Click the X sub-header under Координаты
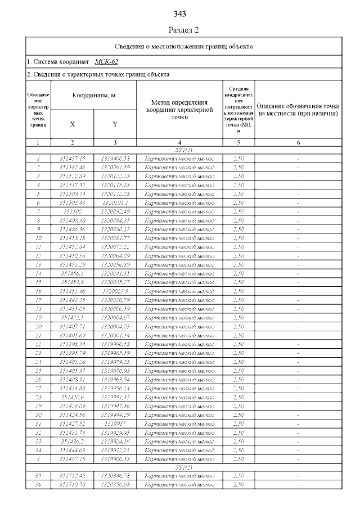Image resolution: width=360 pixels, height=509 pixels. click(x=73, y=124)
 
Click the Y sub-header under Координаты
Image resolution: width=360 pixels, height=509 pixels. click(x=115, y=124)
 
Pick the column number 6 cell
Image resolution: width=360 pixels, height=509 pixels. click(x=298, y=143)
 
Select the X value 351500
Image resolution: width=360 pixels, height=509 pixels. click(x=73, y=211)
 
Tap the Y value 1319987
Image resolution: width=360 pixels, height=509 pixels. click(x=115, y=423)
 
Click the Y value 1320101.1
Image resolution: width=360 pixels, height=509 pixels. click(x=115, y=202)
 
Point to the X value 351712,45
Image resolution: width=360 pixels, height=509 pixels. click(x=73, y=476)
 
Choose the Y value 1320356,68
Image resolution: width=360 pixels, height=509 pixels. click(x=115, y=485)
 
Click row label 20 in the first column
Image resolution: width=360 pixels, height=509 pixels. click(x=38, y=326)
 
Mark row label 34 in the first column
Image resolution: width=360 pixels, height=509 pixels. click(x=38, y=449)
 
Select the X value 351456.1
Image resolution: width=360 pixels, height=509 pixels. click(x=73, y=273)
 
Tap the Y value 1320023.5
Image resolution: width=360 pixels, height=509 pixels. click(x=115, y=291)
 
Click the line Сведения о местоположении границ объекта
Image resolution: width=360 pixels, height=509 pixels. click(x=184, y=46)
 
